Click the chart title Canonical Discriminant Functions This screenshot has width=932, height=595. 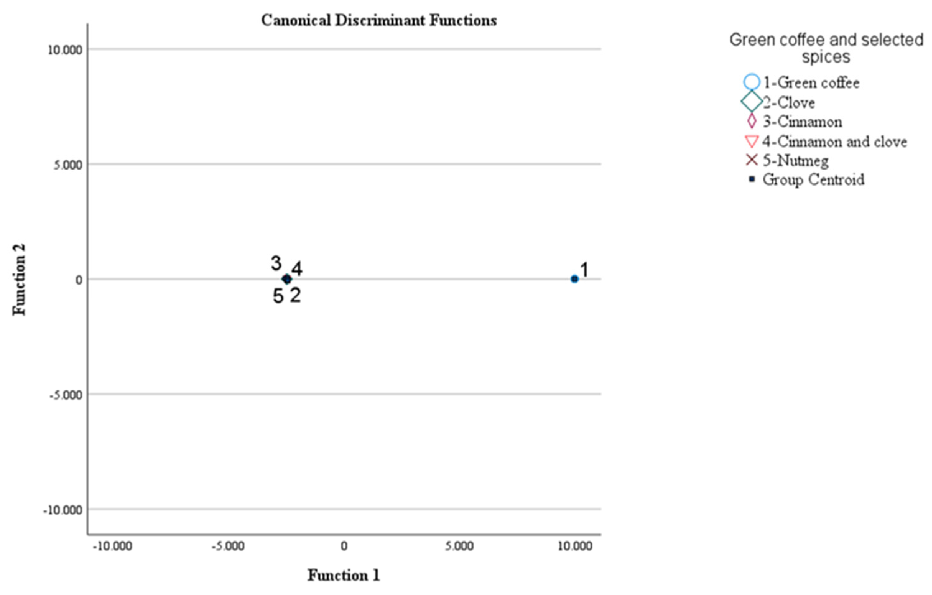pos(378,21)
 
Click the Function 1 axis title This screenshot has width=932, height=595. pos(344,575)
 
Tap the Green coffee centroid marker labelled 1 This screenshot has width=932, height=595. pos(574,279)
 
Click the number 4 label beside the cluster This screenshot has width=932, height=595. pos(297,269)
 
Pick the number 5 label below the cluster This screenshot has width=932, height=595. pos(278,296)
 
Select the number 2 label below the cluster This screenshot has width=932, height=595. pos(295,295)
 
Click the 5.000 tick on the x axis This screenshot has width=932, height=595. pos(459,546)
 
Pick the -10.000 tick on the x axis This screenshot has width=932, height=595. pos(113,546)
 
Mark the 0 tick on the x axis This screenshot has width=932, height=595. pos(344,546)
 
